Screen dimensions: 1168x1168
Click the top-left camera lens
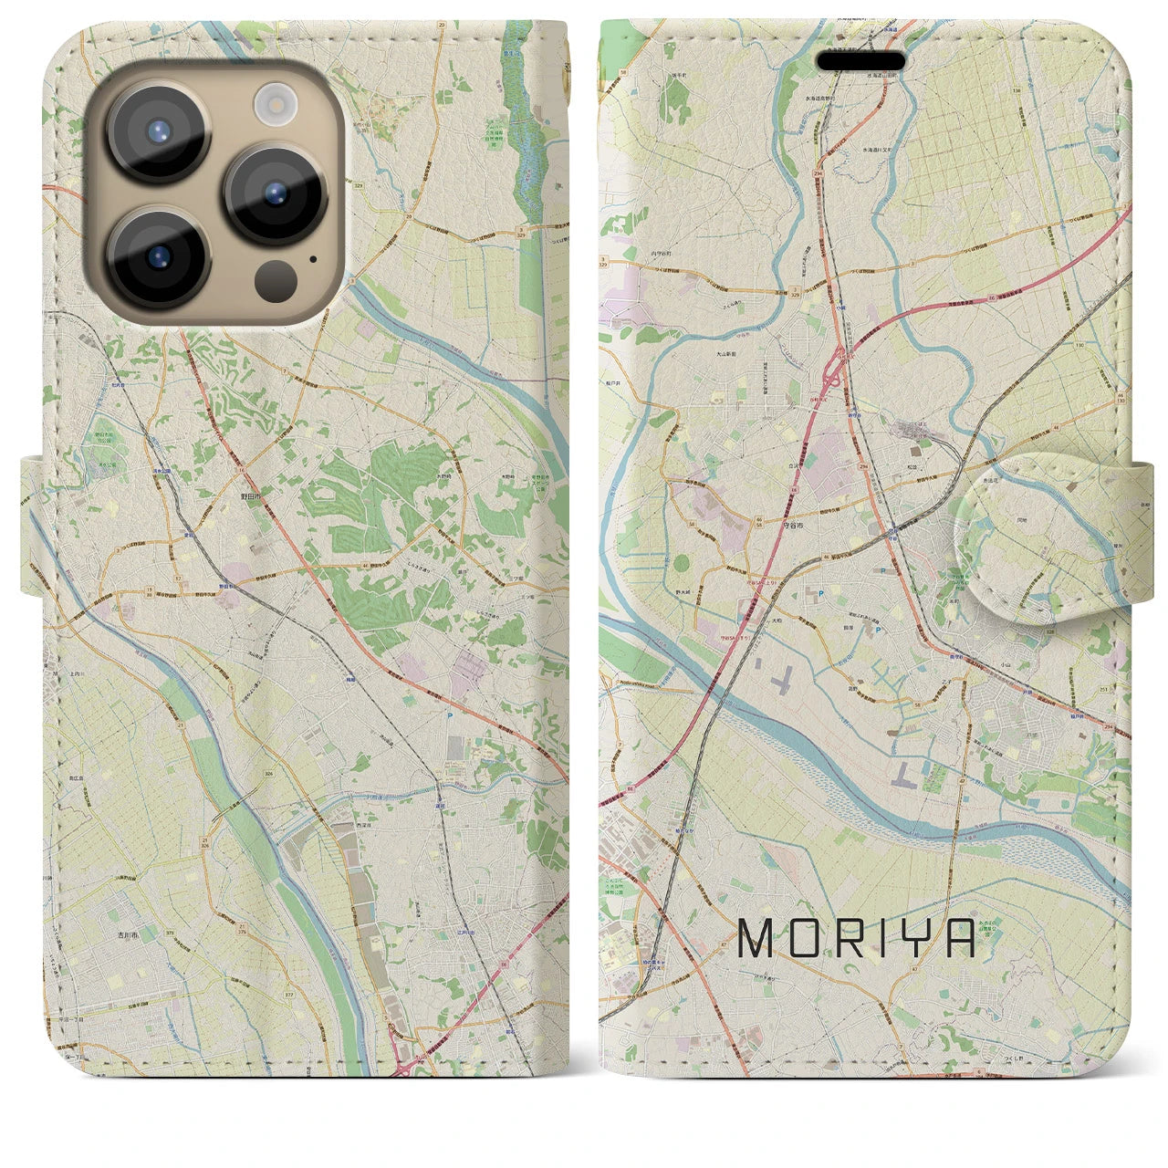159,133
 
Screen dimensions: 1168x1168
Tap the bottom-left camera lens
159,258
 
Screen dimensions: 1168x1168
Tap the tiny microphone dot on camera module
314,258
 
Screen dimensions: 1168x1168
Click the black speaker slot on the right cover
860,61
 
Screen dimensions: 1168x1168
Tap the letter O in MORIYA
801,938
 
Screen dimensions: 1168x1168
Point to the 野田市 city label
248,495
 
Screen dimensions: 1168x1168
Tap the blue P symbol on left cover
451,716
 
